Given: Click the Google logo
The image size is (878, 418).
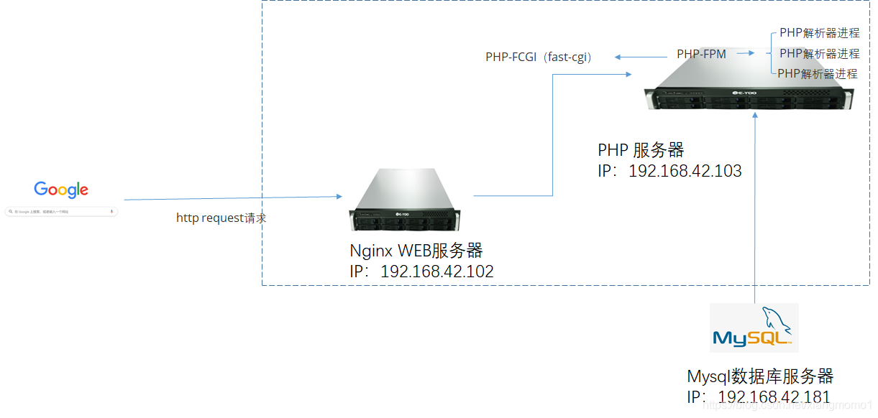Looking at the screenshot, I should click(61, 190).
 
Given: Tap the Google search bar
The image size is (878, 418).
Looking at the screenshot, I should click(61, 212).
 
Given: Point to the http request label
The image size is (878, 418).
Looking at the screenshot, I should click(221, 218).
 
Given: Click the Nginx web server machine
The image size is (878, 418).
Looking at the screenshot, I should click(404, 202).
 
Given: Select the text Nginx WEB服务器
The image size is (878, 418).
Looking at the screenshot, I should click(416, 251).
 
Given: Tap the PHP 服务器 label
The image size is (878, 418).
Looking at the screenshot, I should click(641, 150).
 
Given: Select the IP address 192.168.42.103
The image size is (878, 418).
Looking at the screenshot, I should click(669, 171).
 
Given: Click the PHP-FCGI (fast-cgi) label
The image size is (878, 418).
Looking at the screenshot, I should click(539, 57).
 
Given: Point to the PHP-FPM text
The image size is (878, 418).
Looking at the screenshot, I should click(701, 54).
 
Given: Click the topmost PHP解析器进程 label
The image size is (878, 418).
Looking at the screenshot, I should click(819, 33).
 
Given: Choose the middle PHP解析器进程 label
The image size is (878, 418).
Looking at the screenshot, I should click(819, 53).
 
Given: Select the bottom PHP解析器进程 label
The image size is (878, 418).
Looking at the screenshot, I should click(818, 73).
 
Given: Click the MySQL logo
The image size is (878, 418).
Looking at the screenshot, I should click(754, 328).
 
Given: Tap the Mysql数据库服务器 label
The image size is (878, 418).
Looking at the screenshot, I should click(760, 376).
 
